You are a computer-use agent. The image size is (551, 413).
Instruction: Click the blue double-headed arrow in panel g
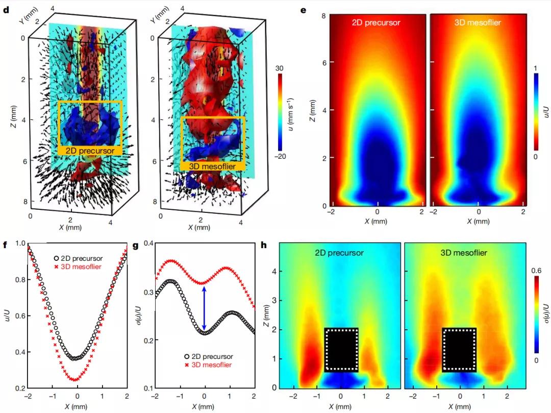[205, 308]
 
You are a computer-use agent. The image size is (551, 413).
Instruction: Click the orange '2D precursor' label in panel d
[90, 151]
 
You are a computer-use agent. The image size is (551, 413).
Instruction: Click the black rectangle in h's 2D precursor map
[341, 349]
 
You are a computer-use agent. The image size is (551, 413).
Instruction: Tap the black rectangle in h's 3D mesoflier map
[459, 349]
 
